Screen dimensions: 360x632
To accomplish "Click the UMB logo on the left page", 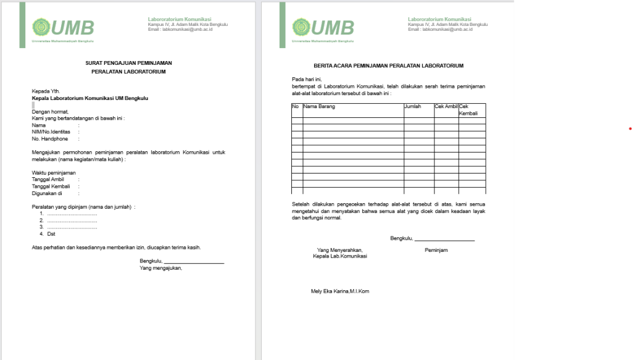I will pos(63,28).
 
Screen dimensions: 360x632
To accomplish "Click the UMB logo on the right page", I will pos(323,28).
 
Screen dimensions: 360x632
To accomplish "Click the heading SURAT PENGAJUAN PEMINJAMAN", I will pos(128,63).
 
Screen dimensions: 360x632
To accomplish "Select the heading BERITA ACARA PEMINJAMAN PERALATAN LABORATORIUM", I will pos(388,65).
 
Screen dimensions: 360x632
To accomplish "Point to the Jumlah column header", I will pos(413,107).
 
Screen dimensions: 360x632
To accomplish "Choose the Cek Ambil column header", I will pos(446,107).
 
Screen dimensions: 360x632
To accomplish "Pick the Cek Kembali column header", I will pos(468,110).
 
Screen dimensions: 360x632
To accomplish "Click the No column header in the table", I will pos(296,107).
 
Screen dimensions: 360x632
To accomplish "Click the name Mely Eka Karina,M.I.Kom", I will pos(339,291).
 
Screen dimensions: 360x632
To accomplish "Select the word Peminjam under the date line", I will pos(436,250).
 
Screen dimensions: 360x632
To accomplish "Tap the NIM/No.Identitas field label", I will pos(51,132).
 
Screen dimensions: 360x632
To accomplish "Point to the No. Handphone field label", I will pos(50,138).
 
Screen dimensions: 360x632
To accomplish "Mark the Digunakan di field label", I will pos(48,193).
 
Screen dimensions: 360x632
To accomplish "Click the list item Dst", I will pos(51,234).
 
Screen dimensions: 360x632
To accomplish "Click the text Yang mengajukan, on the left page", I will pos(161,268).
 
